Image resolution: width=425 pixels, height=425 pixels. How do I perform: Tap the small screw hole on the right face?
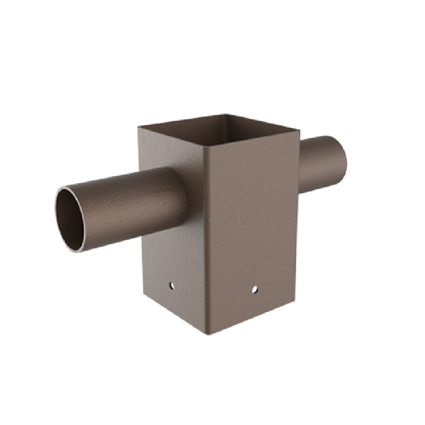click(254, 290)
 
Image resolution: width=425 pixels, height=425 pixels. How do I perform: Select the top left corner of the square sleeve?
click(139, 127)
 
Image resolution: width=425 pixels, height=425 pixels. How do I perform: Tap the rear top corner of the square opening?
click(225, 114)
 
